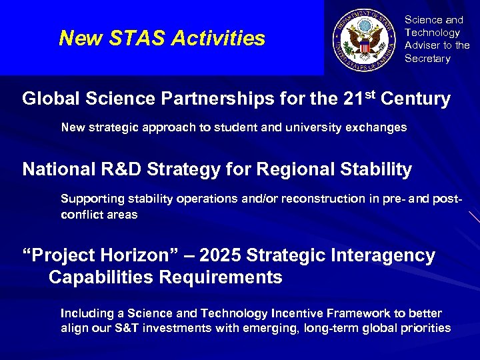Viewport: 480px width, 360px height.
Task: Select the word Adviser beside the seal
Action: pos(423,45)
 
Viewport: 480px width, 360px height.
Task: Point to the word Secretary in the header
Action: pos(427,59)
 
